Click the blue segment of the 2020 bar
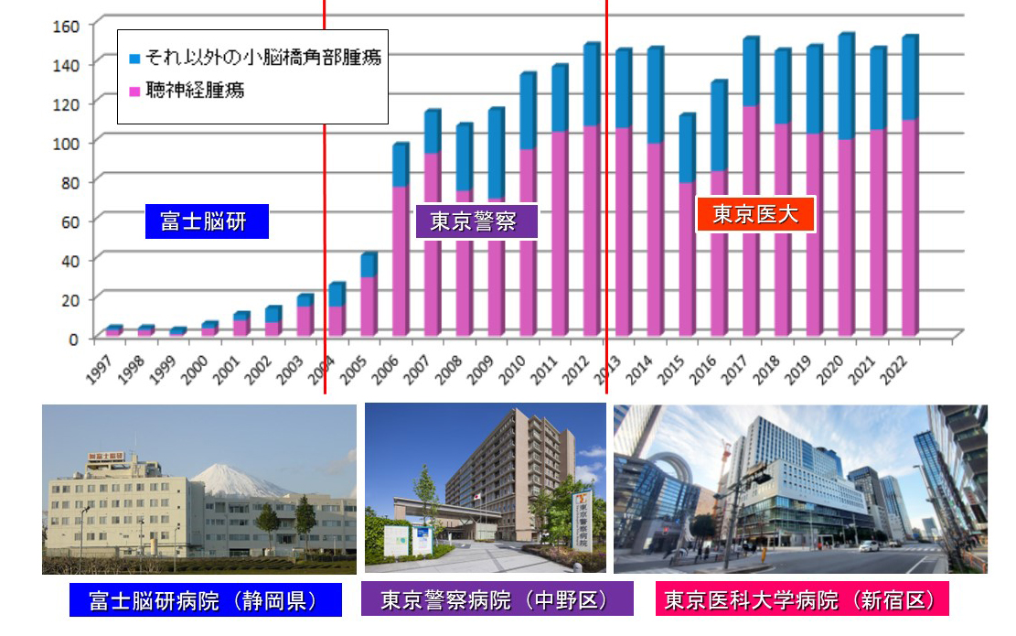[846, 87]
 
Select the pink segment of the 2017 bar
[751, 220]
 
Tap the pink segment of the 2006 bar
[400, 261]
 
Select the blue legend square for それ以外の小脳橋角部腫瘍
[134, 59]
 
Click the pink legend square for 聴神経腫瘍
[134, 92]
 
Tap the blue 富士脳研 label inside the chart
[207, 221]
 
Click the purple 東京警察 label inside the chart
[476, 221]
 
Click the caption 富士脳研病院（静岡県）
[206, 600]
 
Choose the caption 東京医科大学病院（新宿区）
[802, 600]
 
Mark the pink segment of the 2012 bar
[591, 229]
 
